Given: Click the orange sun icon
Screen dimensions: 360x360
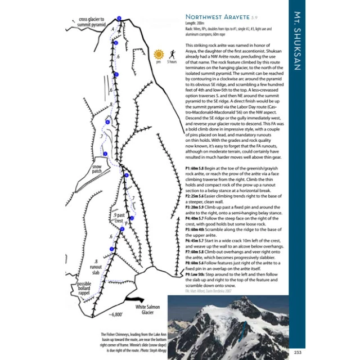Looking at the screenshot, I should tap(159, 54).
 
